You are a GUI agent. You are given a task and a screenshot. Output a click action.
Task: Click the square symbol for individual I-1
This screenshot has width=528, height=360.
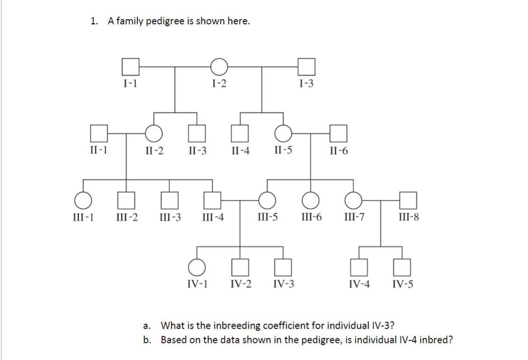131,67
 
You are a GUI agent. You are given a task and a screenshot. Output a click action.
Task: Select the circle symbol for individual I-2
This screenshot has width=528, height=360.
219,67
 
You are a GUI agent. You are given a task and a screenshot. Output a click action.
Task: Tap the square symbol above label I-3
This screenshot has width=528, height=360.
307,67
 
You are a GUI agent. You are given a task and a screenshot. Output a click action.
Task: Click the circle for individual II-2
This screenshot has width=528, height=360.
154,134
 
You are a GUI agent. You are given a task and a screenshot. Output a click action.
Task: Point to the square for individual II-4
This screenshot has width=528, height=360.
239,134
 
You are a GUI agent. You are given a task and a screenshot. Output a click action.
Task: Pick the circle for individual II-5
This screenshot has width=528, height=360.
283,134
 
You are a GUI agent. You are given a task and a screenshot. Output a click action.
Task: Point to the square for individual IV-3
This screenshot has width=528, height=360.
283,268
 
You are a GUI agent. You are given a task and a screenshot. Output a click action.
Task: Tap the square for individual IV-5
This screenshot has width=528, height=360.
403,268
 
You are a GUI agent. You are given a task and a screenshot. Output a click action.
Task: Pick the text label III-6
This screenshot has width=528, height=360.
311,218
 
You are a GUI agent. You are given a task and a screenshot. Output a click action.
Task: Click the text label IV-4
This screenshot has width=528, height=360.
359,284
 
